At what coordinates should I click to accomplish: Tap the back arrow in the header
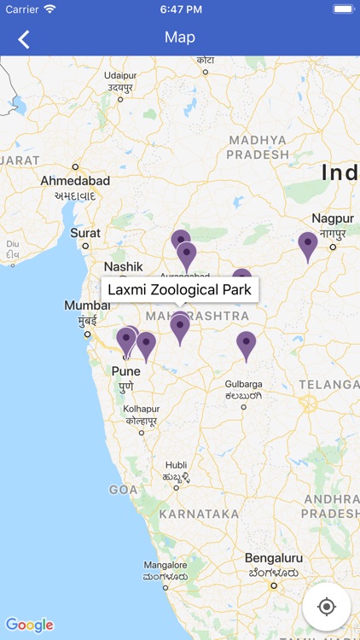click(x=24, y=38)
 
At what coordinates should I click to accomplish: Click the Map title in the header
click(x=180, y=38)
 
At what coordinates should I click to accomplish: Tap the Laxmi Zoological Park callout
click(x=180, y=289)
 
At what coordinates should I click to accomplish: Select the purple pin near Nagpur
click(x=308, y=245)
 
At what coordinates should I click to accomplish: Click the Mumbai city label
click(x=87, y=305)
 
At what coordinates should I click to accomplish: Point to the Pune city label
click(x=126, y=371)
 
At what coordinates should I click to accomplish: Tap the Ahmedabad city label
click(x=76, y=181)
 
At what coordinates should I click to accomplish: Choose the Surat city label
click(x=85, y=232)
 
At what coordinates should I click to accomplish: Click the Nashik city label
click(x=123, y=267)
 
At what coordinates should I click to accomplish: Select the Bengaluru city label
click(x=274, y=559)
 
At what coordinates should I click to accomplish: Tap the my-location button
click(x=326, y=607)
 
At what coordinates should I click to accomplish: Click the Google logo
click(x=29, y=625)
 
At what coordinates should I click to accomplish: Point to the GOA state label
click(x=123, y=490)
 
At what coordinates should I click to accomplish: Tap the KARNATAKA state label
click(x=199, y=514)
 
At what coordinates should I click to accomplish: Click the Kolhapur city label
click(x=141, y=409)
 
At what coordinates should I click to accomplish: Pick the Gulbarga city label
click(x=243, y=384)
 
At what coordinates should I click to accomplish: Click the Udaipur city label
click(x=120, y=75)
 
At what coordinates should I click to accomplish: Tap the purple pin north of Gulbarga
click(x=247, y=345)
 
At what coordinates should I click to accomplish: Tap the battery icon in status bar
click(x=342, y=9)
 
